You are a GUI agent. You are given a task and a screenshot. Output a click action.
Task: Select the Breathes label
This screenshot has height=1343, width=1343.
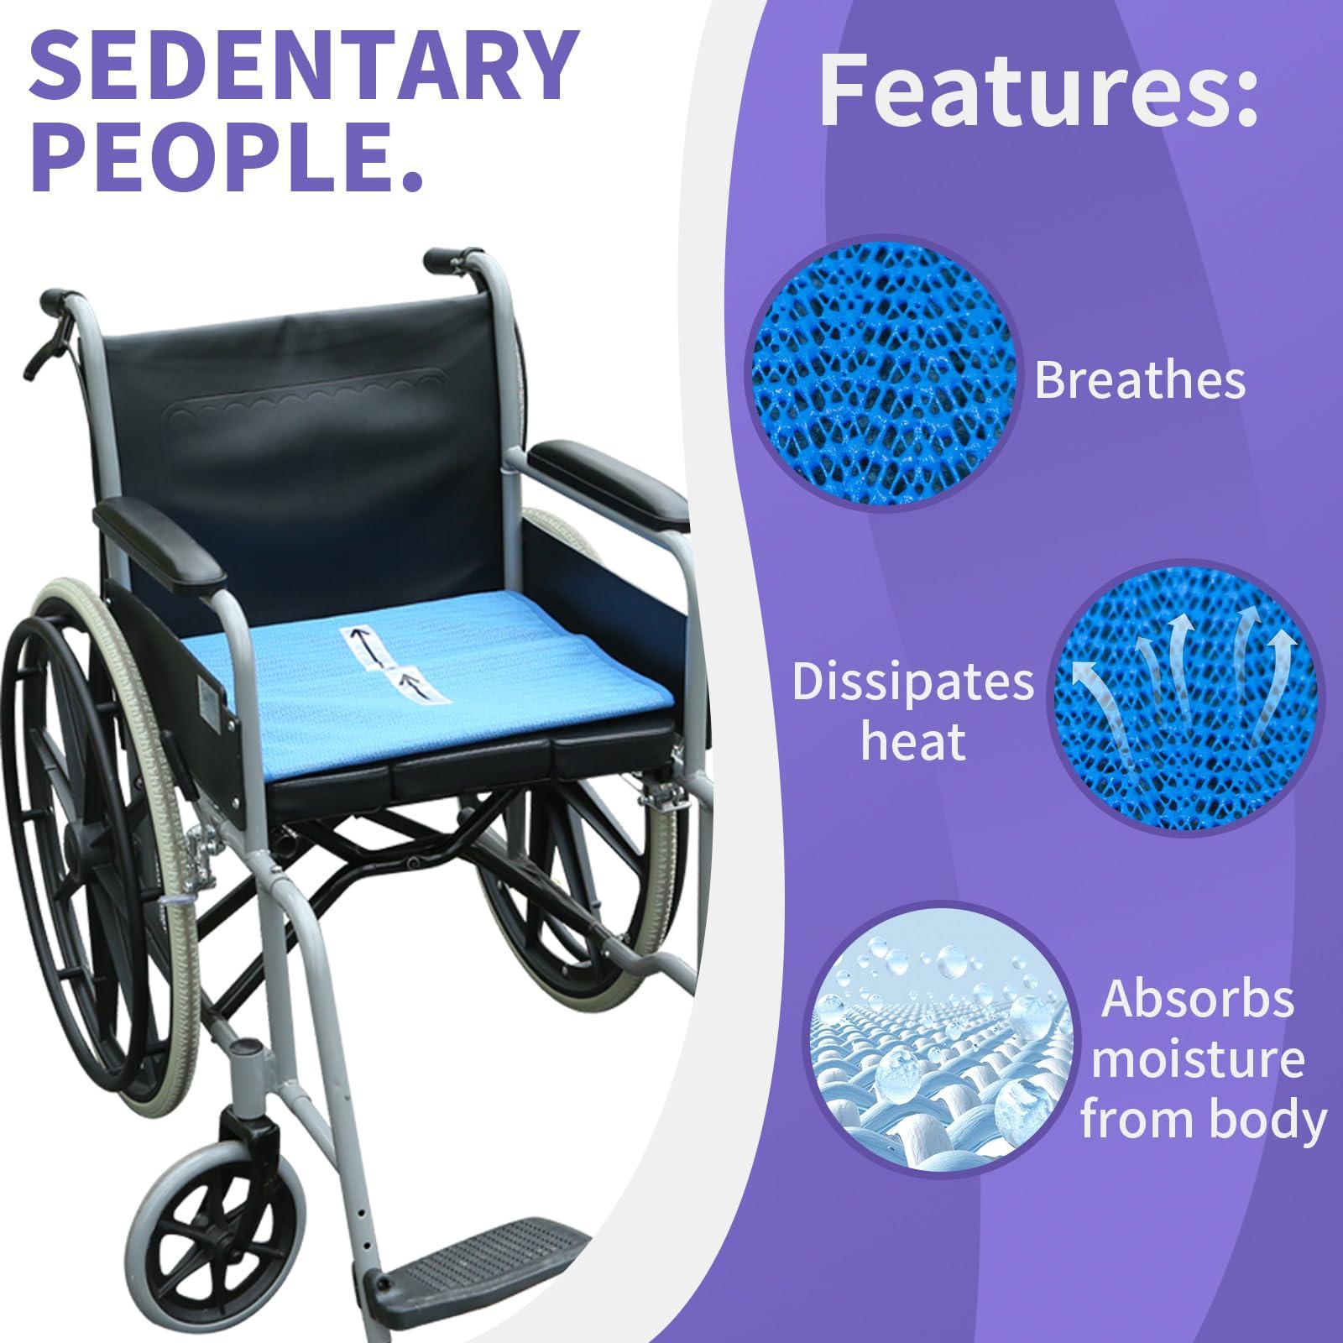(x=1139, y=379)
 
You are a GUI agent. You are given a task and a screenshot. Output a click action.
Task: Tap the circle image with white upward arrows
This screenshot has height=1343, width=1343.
(x=1184, y=710)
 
